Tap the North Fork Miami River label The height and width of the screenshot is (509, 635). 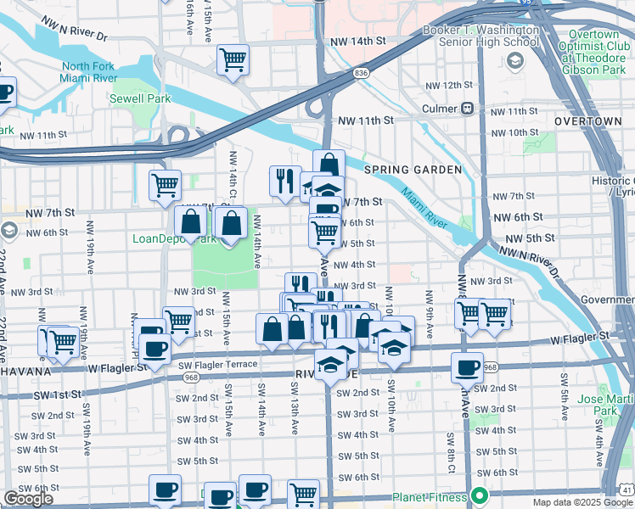[x=87, y=73]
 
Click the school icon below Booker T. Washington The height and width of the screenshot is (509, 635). [x=515, y=61]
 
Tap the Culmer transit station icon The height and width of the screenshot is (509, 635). [x=467, y=109]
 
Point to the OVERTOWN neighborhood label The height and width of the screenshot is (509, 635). [x=587, y=122]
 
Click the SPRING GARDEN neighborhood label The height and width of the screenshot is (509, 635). [x=413, y=170]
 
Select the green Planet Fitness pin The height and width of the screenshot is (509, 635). [x=480, y=496]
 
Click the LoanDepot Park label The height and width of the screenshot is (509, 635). [x=173, y=238]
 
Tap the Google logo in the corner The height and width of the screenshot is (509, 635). [x=29, y=499]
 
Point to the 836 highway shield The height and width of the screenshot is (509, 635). [x=362, y=74]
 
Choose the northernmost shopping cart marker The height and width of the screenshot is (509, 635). [x=233, y=60]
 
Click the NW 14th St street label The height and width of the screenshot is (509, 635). [x=364, y=41]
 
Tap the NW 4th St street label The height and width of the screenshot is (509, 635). [x=354, y=265]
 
